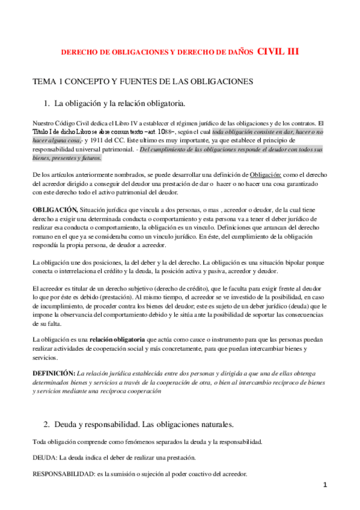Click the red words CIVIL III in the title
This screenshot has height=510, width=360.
278,52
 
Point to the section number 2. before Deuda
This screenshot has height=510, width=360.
49,425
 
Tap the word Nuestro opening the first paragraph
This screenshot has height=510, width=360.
45,121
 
